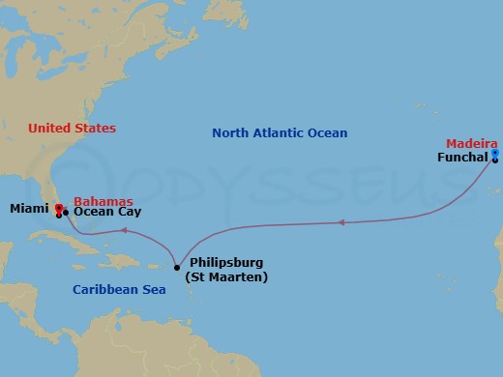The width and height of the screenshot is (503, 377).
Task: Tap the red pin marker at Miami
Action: pos(59,209)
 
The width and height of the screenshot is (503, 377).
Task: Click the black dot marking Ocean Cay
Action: pos(66,213)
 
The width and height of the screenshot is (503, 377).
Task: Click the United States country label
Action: pos(72,128)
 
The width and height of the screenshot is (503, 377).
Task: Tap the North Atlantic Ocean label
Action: pos(280,133)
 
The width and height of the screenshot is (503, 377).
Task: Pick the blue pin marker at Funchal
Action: pos(494,154)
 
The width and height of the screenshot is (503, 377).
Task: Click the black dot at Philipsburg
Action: pos(177,267)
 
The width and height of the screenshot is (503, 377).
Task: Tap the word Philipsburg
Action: pos(226,262)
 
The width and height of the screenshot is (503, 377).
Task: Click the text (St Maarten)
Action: pos(226,277)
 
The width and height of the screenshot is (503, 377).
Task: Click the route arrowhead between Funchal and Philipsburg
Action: pos(340,223)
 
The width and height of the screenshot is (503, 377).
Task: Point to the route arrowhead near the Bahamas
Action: pos(123,230)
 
